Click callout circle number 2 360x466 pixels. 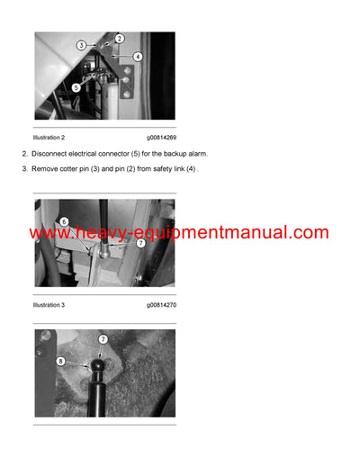[120, 39]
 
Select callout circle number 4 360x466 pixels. [138, 57]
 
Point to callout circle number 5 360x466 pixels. [76, 87]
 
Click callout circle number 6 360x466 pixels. [64, 222]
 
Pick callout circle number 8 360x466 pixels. [61, 362]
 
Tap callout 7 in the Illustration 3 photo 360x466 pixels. [139, 244]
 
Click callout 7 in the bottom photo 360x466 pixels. [103, 339]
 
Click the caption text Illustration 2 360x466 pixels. [49, 137]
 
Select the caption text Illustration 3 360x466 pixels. [49, 306]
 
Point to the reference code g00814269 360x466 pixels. [161, 137]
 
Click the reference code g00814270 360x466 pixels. [161, 306]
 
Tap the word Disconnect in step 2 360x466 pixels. [51, 156]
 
